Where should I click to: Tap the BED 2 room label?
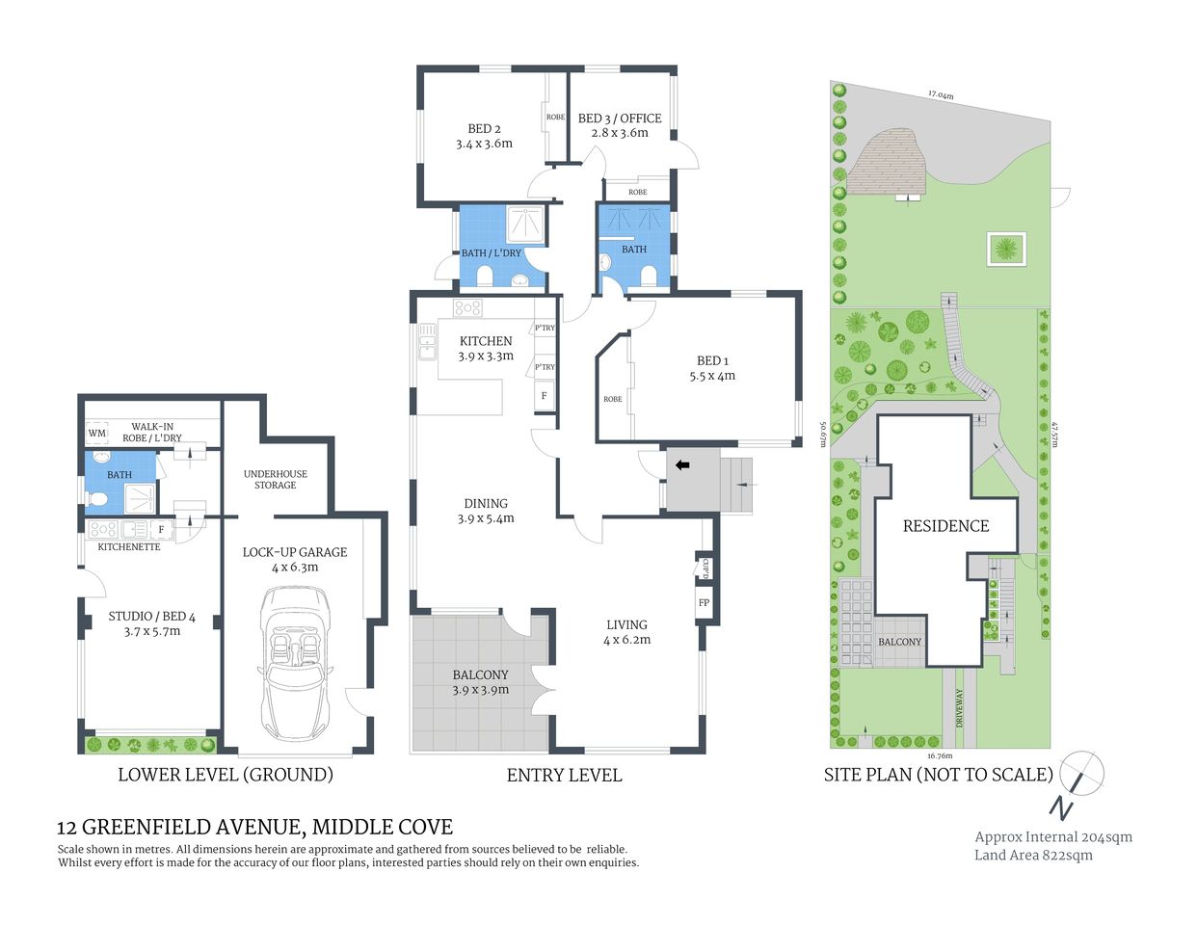click(x=484, y=136)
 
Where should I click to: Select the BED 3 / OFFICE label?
click(x=620, y=125)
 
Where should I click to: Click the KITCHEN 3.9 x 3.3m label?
click(x=486, y=348)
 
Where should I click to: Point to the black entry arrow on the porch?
click(x=682, y=465)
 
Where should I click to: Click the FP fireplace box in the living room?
click(x=704, y=603)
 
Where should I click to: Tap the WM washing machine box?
click(x=96, y=434)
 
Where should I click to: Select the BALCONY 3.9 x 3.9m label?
click(x=480, y=682)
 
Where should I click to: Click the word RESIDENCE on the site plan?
click(x=945, y=526)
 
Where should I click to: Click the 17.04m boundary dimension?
click(x=941, y=95)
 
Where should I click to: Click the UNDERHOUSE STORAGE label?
click(x=276, y=479)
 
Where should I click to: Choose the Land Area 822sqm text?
click(x=1033, y=855)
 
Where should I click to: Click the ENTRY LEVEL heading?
click(x=564, y=775)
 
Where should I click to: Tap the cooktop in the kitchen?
click(x=467, y=308)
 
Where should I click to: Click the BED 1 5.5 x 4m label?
click(x=712, y=368)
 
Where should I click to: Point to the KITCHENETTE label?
click(x=129, y=546)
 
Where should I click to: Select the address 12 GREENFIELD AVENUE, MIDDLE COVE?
click(x=254, y=827)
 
